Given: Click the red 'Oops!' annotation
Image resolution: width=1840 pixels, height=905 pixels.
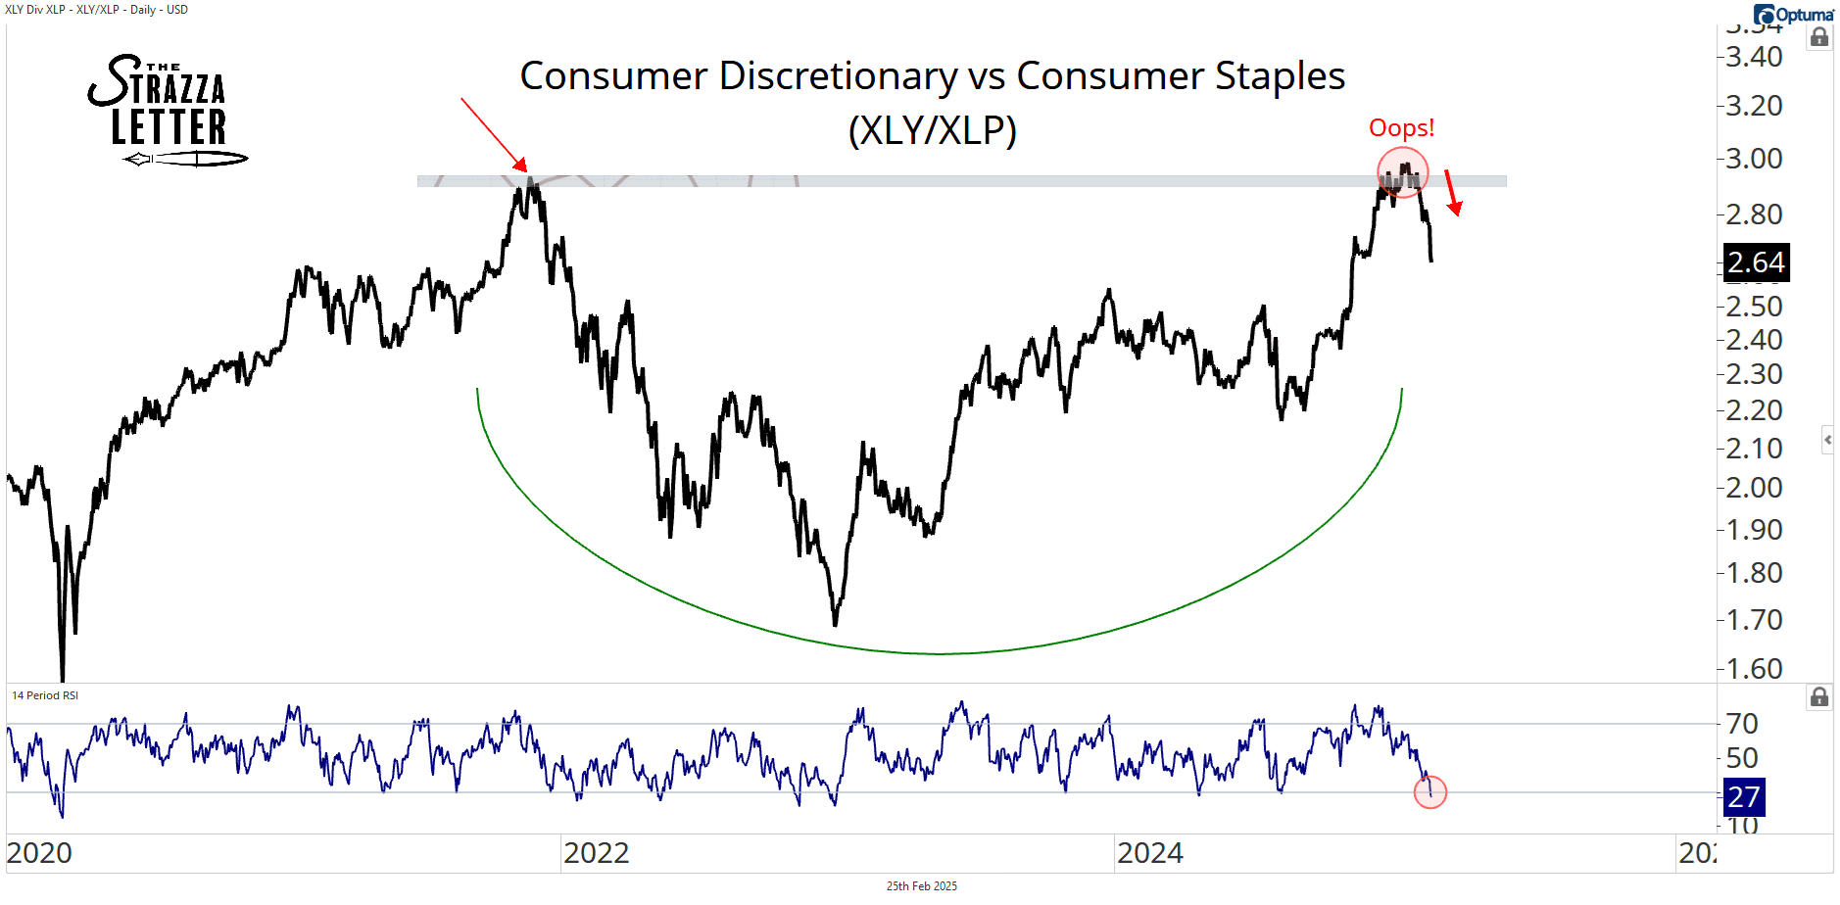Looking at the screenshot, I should (1401, 128).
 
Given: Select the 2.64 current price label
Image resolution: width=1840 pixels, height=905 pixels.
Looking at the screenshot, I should (1756, 262).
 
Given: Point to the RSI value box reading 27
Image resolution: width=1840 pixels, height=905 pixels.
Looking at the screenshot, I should (1743, 797).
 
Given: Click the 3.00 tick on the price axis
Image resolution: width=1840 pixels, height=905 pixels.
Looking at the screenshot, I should (1754, 159).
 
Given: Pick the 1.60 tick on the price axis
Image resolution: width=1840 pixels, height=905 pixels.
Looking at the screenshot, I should (1754, 669).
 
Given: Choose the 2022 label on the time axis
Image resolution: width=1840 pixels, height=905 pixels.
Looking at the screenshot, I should (596, 853).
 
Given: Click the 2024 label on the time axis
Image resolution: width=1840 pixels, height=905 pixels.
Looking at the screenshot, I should (1149, 853).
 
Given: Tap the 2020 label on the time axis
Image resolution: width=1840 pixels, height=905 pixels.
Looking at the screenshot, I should (40, 853).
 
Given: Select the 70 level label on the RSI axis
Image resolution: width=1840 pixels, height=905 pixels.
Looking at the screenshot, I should (1742, 724).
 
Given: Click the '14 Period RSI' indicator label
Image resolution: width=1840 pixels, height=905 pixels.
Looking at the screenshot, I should (45, 695).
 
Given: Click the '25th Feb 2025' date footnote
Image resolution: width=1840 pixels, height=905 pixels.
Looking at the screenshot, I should (921, 886).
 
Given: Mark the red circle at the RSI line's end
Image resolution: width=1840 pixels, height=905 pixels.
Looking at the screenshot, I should (1430, 792).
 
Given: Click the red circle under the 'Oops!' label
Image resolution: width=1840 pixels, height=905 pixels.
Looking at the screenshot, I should (1403, 173).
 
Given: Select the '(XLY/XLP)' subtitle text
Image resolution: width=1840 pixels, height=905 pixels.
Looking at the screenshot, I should (932, 130).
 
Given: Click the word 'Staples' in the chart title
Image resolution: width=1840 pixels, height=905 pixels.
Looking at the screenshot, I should (1280, 76).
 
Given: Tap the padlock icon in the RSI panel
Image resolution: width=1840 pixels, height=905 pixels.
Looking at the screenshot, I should (1818, 697).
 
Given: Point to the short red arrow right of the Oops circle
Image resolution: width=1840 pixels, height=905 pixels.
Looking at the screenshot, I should (1453, 193).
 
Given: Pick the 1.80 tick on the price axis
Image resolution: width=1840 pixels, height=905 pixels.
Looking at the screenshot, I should (1754, 573).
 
